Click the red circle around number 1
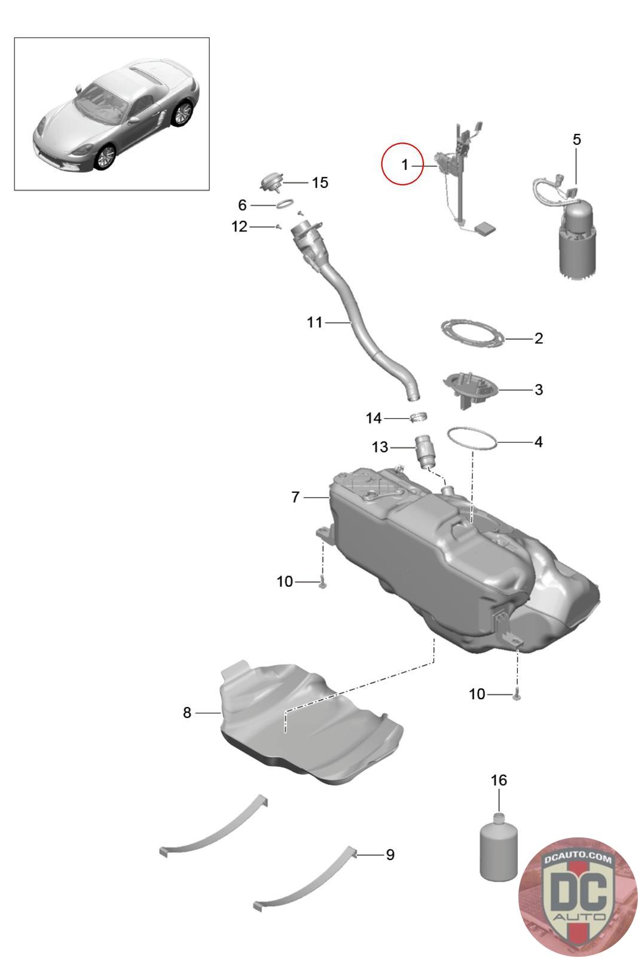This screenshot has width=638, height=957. (x=403, y=163)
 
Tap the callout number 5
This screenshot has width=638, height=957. (x=576, y=139)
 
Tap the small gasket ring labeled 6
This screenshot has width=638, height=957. (x=285, y=205)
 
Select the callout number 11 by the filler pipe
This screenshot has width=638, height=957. (x=315, y=322)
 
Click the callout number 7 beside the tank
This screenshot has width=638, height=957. (x=295, y=496)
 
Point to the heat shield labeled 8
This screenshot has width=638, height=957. (x=305, y=718)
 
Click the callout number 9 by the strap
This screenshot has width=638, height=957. (x=390, y=855)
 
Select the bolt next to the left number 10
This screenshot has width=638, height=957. (x=322, y=582)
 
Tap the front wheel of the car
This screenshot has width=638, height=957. (x=106, y=157)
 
